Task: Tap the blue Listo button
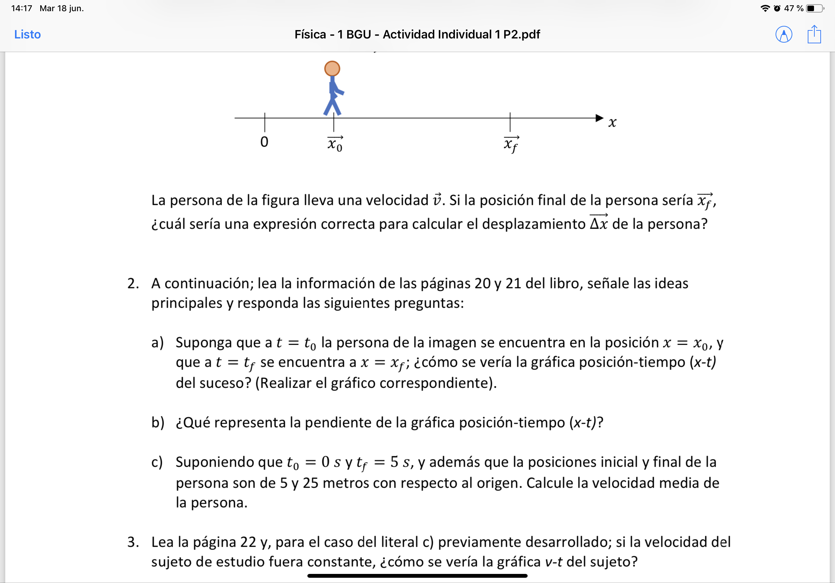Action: pyautogui.click(x=27, y=35)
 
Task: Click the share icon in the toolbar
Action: pyautogui.click(x=814, y=35)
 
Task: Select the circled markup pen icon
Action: pyautogui.click(x=784, y=35)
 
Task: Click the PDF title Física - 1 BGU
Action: pyautogui.click(x=417, y=35)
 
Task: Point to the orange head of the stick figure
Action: pyautogui.click(x=332, y=69)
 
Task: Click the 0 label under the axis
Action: pyautogui.click(x=264, y=142)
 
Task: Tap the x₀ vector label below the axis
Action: pyautogui.click(x=335, y=144)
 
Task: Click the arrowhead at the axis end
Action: pyautogui.click(x=599, y=118)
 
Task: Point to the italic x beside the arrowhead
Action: pyautogui.click(x=612, y=122)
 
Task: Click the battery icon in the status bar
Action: pyautogui.click(x=815, y=8)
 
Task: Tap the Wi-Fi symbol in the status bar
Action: pyautogui.click(x=765, y=8)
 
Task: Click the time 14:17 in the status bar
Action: pyautogui.click(x=22, y=8)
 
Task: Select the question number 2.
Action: pyautogui.click(x=133, y=283)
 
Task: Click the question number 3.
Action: pyautogui.click(x=133, y=542)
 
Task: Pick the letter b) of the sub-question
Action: pyautogui.click(x=157, y=422)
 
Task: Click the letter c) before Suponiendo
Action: pyautogui.click(x=157, y=462)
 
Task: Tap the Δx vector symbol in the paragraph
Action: pyautogui.click(x=599, y=223)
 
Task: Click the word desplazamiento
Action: pyautogui.click(x=534, y=224)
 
